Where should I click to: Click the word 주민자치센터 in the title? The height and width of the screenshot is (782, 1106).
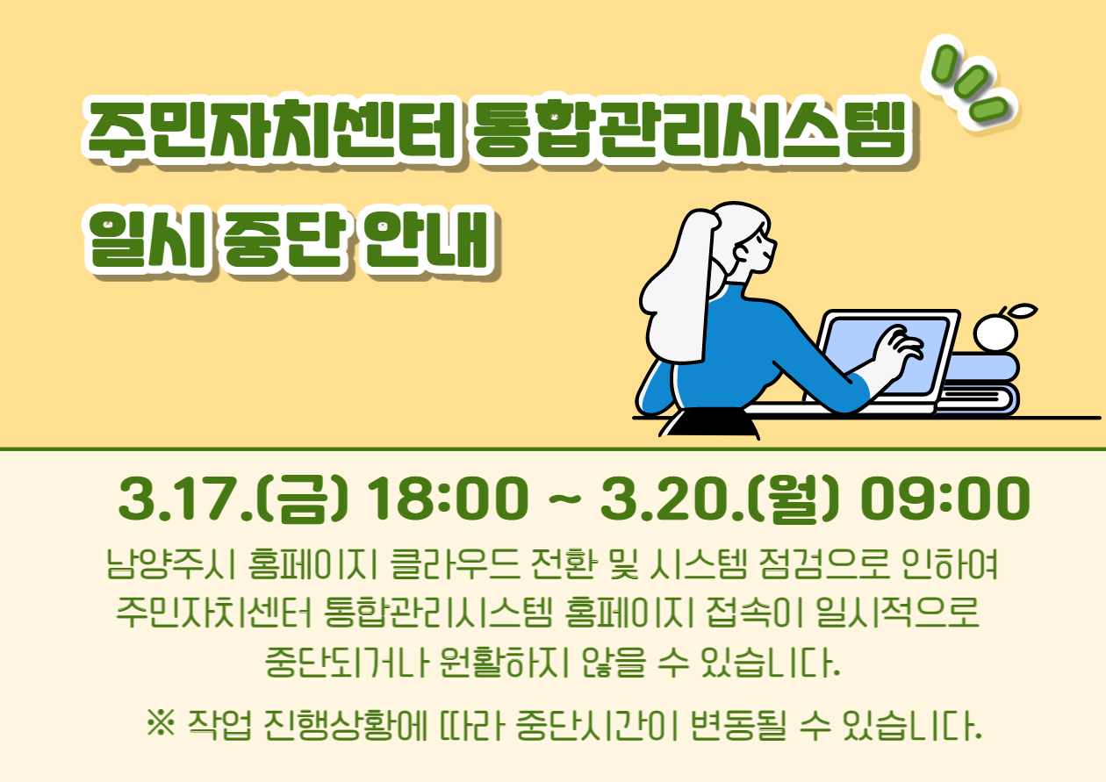[270, 129]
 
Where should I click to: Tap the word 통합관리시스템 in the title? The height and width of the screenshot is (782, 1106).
[689, 129]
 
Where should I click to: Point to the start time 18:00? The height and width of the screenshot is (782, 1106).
[448, 498]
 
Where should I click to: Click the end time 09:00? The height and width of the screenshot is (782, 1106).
[945, 498]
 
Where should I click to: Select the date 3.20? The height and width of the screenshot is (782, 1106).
[671, 498]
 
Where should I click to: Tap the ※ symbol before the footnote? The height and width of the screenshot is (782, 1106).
[161, 723]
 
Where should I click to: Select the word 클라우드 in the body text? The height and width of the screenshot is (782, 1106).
[455, 563]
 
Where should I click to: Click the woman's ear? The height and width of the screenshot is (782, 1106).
[741, 253]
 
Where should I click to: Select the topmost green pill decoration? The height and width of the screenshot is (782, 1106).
[944, 64]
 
